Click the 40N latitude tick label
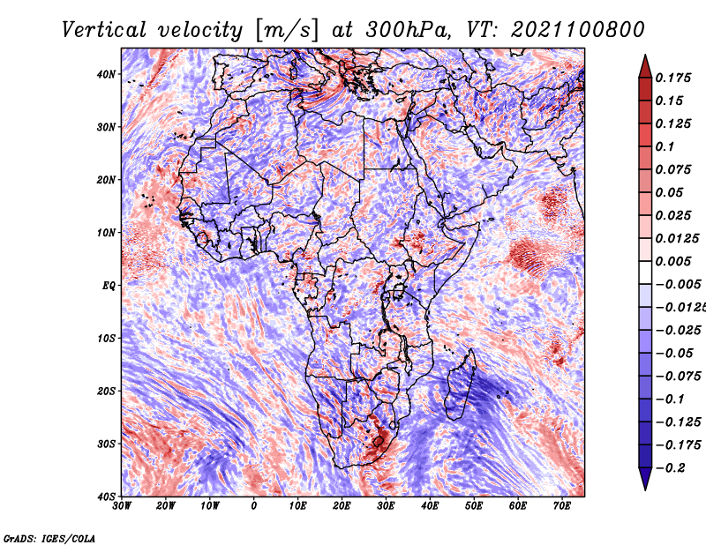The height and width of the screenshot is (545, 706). (x=106, y=74)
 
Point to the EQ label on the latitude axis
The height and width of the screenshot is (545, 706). (x=109, y=286)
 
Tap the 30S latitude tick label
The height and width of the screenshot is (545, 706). (x=106, y=444)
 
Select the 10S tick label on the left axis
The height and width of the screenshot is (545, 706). (x=106, y=339)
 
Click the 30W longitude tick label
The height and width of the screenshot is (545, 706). (x=122, y=506)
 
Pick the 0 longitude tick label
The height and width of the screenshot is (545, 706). (x=254, y=506)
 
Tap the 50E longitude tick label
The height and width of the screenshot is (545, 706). (x=474, y=506)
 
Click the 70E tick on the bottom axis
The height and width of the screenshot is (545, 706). (x=562, y=506)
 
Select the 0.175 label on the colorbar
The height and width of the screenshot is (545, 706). (x=673, y=78)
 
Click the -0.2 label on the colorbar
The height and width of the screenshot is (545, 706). (x=671, y=468)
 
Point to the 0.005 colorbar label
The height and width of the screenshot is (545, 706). (x=673, y=261)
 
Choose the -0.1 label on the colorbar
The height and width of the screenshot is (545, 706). (x=671, y=399)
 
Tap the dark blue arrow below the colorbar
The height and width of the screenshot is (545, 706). (x=645, y=479)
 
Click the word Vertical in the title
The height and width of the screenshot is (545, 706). (x=104, y=30)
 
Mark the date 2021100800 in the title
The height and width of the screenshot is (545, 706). (x=578, y=30)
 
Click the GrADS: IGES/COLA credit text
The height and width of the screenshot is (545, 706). (x=49, y=539)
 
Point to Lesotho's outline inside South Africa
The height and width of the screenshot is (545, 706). (x=379, y=441)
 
